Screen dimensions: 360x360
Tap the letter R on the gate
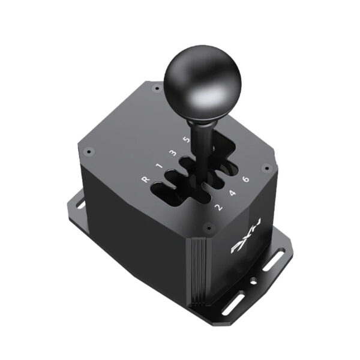tap(145, 179)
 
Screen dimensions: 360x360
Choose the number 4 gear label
tap(232, 193)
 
